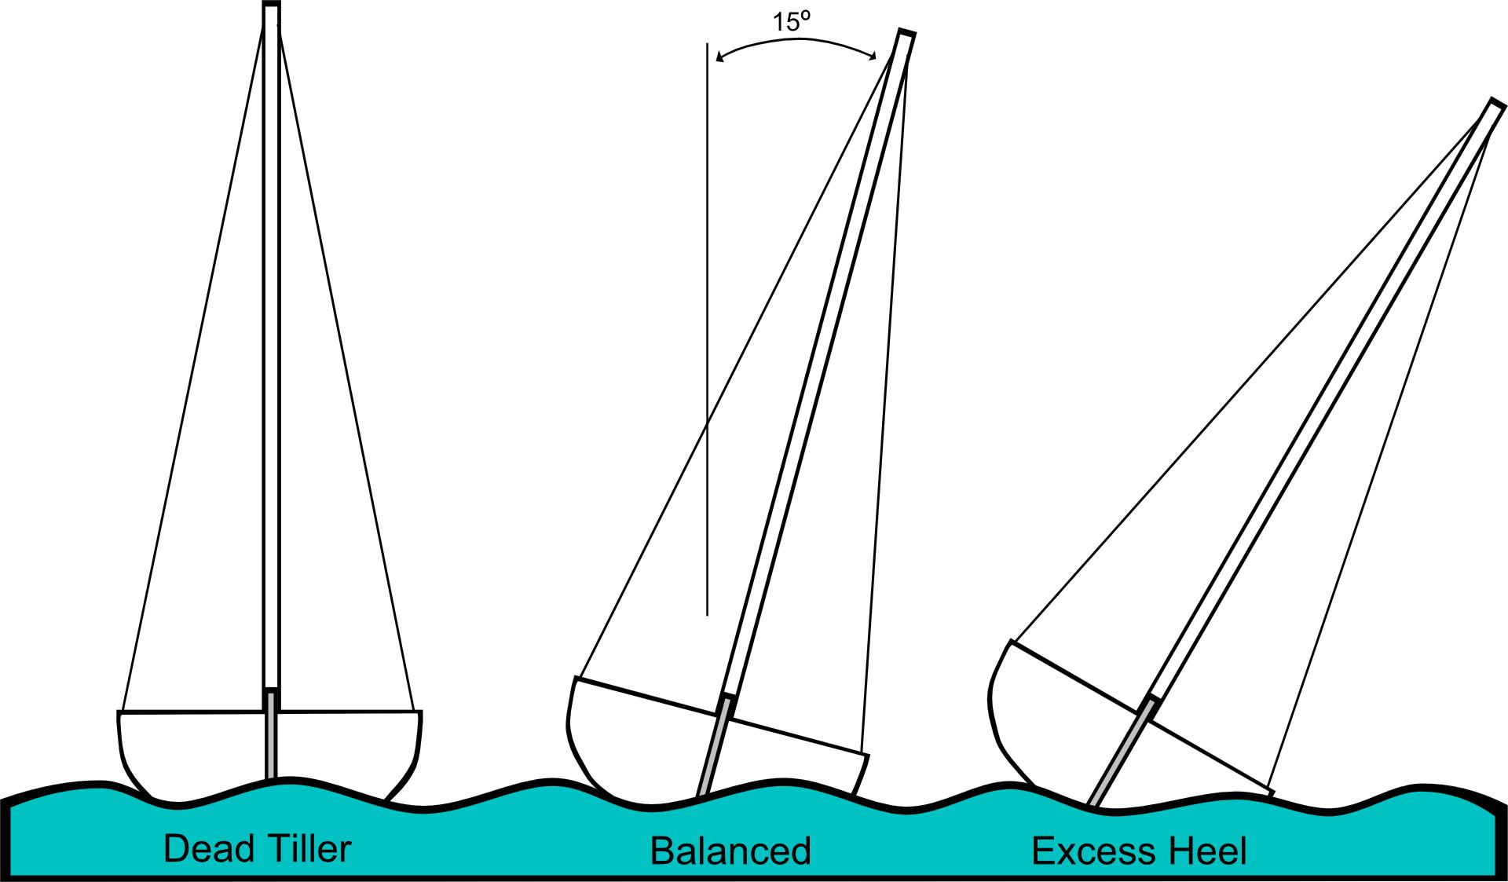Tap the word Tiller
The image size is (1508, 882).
tap(305, 850)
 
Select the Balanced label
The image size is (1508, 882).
tap(730, 852)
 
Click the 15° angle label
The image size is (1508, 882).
tap(791, 22)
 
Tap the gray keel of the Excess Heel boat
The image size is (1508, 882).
tap(1122, 752)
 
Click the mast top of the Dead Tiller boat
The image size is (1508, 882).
tap(271, 8)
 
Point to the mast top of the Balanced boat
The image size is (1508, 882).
tap(906, 35)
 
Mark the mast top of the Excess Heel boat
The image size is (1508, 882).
tap(1497, 106)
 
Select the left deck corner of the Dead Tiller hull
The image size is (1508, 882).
tap(119, 713)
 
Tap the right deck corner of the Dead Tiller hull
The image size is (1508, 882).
tap(420, 713)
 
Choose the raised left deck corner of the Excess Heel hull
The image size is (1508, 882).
tap(1011, 642)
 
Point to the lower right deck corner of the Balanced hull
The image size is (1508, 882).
tap(867, 755)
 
